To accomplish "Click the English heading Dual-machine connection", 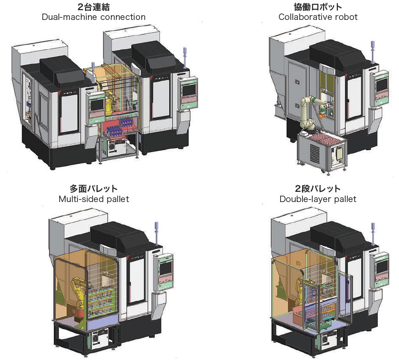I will (94, 17).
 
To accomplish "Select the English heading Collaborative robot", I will (318, 17).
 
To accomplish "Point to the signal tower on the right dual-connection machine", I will (184, 57).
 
